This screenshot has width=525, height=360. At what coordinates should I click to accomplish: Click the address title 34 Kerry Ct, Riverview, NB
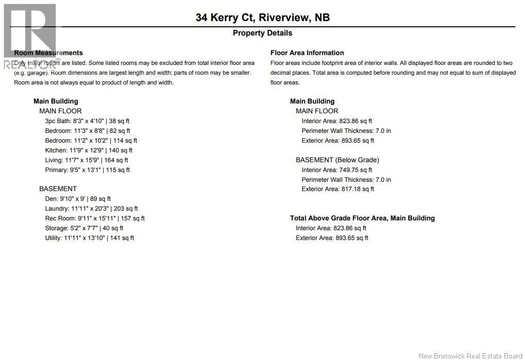click(x=262, y=18)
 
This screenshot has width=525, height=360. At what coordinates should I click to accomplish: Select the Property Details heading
click(x=262, y=33)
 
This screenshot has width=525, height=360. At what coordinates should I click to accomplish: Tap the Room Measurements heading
click(x=48, y=53)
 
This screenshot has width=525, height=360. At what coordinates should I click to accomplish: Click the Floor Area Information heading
click(x=307, y=53)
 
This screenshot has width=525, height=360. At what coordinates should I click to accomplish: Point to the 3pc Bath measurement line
click(x=87, y=121)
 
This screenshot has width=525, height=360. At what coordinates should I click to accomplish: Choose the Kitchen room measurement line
click(x=89, y=150)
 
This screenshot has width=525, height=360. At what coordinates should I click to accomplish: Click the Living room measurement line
click(x=87, y=160)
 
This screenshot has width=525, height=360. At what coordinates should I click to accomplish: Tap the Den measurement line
click(x=78, y=199)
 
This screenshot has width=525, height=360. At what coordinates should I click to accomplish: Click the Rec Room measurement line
click(x=95, y=218)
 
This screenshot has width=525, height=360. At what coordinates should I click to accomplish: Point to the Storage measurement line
click(x=84, y=228)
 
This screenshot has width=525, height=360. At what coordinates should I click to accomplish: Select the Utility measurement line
click(x=90, y=238)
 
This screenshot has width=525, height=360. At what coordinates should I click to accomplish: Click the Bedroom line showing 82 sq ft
click(x=88, y=131)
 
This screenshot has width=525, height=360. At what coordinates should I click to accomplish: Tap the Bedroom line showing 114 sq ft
click(x=91, y=141)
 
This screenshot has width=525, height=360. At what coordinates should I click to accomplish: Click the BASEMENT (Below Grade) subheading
click(x=337, y=160)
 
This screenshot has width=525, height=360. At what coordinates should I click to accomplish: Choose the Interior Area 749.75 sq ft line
click(x=337, y=170)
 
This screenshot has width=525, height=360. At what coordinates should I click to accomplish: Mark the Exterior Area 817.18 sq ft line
click(x=338, y=189)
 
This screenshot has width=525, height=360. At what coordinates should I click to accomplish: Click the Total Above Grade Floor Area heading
click(x=362, y=218)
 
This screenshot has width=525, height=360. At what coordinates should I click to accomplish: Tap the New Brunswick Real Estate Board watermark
click(x=470, y=356)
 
